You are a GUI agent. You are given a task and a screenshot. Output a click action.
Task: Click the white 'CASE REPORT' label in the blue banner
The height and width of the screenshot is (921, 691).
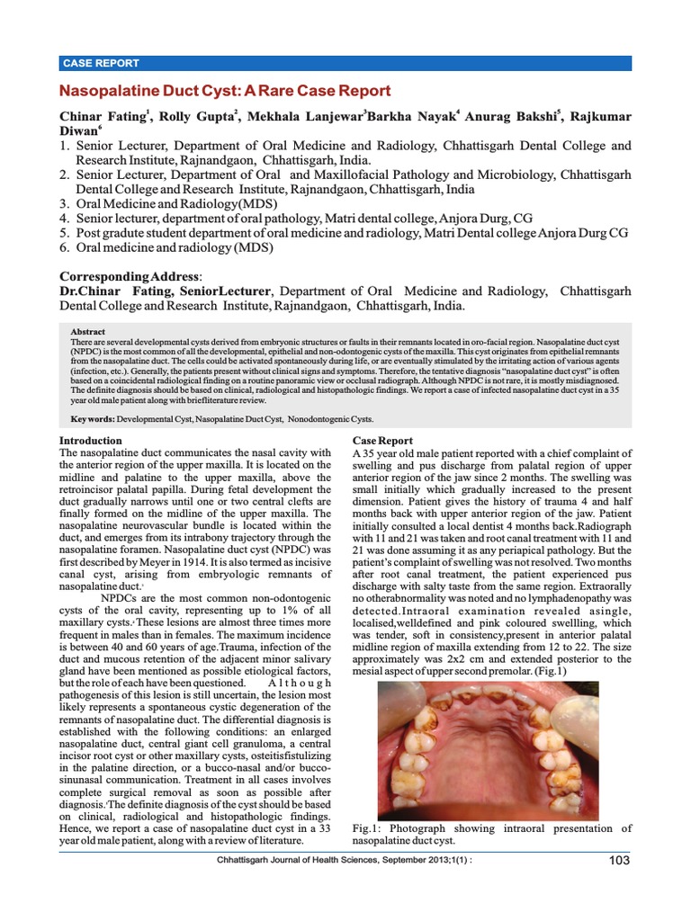pyautogui.click(x=101, y=63)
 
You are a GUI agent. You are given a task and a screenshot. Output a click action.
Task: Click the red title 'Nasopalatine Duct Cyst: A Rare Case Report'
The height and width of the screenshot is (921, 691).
pyautogui.click(x=224, y=91)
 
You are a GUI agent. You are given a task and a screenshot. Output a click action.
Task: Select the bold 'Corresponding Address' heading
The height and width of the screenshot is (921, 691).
pyautogui.click(x=130, y=276)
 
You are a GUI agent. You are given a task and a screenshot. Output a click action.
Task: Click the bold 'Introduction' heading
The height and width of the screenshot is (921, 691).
pyautogui.click(x=90, y=441)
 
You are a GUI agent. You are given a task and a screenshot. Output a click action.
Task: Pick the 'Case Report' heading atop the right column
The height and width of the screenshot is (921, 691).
pyautogui.click(x=383, y=441)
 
